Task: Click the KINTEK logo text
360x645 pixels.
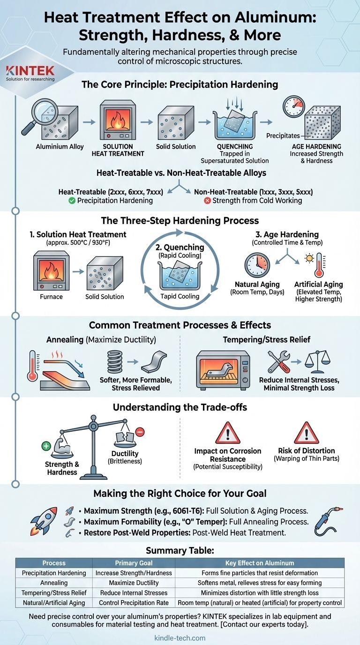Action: [x=30, y=70]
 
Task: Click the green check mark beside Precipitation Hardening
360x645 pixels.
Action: [x=72, y=201]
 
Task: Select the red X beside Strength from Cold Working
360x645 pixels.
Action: [x=207, y=201]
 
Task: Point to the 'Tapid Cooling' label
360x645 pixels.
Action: [x=180, y=296]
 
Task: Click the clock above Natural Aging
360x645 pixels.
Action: [x=257, y=265]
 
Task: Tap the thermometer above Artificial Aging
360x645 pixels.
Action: [x=319, y=265]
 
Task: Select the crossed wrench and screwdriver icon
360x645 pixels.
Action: [x=279, y=362]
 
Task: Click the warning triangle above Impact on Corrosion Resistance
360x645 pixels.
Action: [x=228, y=433]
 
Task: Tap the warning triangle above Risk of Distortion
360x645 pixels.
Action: [x=307, y=433]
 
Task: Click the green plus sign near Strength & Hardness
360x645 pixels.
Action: [x=46, y=446]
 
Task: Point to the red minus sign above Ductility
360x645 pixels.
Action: [x=140, y=432]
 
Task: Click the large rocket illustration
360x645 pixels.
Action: [x=44, y=521]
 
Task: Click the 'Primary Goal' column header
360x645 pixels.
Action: [x=134, y=563]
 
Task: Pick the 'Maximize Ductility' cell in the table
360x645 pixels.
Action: [x=134, y=583]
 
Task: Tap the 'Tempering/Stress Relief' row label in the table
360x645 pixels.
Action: [x=54, y=593]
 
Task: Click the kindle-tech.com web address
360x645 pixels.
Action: [x=180, y=638]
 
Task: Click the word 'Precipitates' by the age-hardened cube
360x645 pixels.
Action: [x=283, y=135]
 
